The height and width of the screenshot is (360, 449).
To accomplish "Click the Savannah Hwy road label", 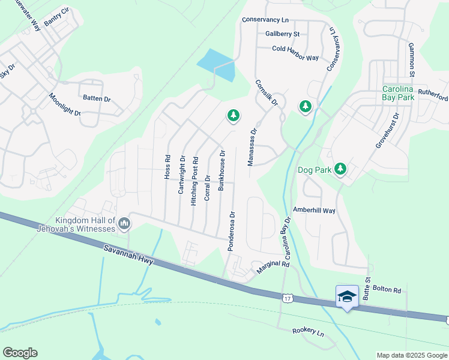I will click(128, 253).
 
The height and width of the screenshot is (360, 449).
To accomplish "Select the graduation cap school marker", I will click(347, 297).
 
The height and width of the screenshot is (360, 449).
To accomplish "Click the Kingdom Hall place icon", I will click(124, 224).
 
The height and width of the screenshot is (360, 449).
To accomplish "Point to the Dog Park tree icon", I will click(340, 170).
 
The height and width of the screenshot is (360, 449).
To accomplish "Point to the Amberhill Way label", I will click(313, 210).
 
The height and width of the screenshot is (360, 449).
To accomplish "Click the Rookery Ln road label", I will click(308, 331).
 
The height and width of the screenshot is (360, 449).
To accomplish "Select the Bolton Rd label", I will click(387, 290).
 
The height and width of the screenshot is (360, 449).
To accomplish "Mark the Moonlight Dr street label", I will click(65, 105).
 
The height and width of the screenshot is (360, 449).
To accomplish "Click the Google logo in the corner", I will click(20, 353).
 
